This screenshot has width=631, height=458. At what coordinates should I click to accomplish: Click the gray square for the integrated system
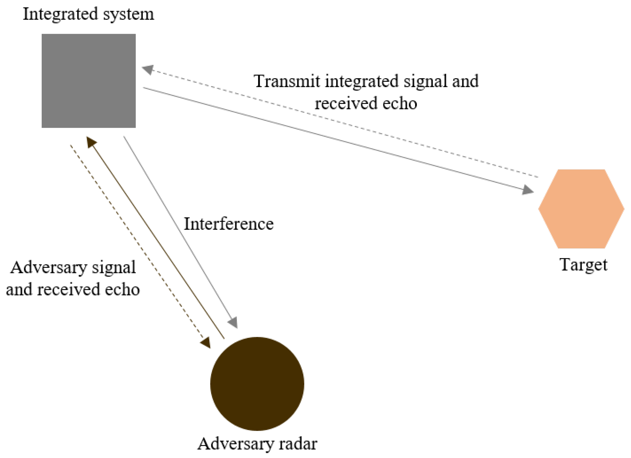(88, 81)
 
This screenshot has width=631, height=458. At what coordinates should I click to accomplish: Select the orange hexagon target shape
(581, 209)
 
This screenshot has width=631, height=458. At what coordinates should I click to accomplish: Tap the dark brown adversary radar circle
(257, 384)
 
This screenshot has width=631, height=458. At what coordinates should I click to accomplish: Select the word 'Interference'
(229, 224)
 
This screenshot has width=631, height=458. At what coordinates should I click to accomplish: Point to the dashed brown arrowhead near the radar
(206, 343)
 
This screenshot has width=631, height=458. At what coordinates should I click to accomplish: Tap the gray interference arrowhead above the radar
(233, 322)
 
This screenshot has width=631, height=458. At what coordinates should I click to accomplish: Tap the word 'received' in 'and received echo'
(68, 289)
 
